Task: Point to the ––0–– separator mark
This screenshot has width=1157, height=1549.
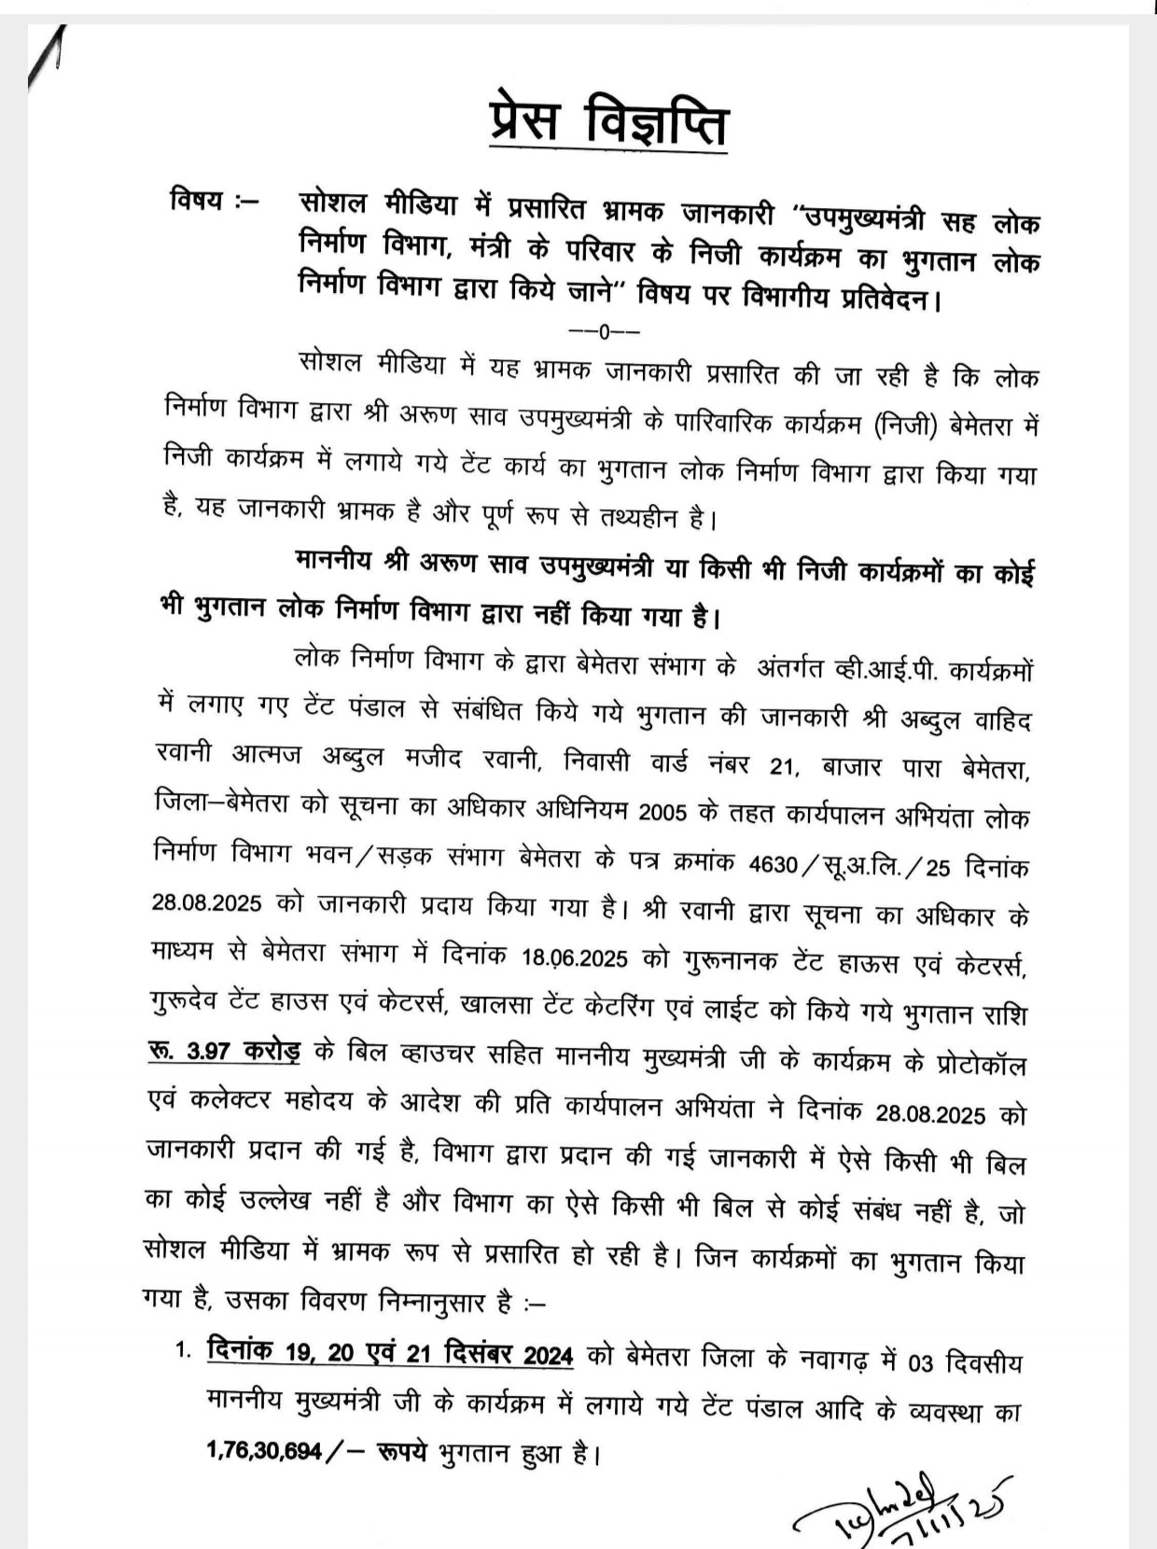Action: click(606, 331)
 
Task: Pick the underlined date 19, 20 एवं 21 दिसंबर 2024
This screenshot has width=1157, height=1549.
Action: click(391, 1354)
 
